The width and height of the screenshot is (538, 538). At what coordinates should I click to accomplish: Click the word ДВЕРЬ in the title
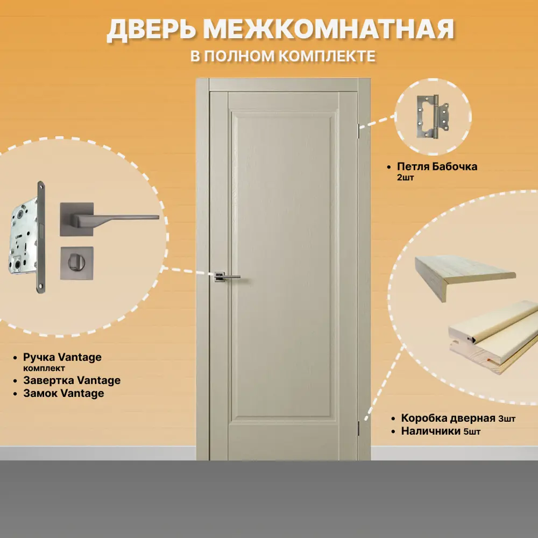[151, 30]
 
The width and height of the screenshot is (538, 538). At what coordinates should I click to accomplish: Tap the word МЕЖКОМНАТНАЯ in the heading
[329, 30]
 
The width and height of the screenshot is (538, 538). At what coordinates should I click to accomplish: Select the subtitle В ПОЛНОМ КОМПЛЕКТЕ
[283, 56]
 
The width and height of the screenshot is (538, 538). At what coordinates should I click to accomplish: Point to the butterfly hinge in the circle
[433, 117]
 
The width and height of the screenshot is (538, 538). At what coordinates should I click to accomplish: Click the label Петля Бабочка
[437, 166]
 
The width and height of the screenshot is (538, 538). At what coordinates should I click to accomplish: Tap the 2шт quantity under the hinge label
[405, 178]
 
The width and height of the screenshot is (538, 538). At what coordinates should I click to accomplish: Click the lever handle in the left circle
[109, 219]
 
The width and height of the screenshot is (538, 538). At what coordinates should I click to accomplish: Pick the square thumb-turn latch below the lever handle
[76, 263]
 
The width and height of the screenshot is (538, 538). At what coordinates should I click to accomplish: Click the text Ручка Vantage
[62, 357]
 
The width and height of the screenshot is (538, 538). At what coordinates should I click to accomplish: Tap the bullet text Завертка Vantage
[72, 380]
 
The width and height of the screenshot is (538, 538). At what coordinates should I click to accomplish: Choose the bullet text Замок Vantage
[63, 393]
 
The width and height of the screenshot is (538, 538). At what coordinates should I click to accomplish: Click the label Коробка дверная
[448, 418]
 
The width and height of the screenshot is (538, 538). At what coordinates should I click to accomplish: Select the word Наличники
[431, 431]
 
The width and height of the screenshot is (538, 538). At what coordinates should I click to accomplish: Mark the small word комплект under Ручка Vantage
[44, 369]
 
